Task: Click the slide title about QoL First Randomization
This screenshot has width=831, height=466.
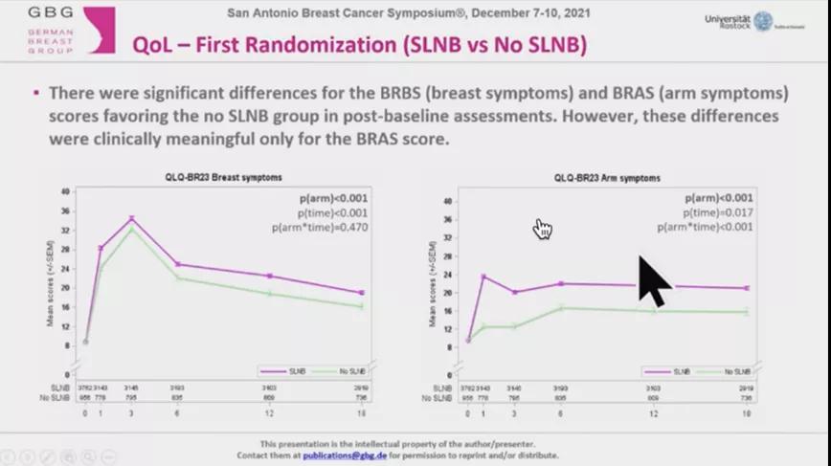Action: coord(360,45)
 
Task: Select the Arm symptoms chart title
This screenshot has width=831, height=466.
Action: coord(607,178)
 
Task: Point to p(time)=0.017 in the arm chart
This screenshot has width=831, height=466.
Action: coord(717,212)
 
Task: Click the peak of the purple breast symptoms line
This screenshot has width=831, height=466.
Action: coord(131,219)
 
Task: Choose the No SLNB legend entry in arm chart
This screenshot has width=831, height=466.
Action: coord(727,371)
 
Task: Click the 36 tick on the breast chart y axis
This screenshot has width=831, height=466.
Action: coord(64,211)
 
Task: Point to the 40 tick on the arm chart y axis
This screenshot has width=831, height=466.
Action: coord(446,201)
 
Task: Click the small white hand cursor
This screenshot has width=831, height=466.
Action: coord(543,228)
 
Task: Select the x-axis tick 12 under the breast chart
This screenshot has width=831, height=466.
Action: coord(270,413)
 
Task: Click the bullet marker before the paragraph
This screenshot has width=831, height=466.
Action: coord(35,94)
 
